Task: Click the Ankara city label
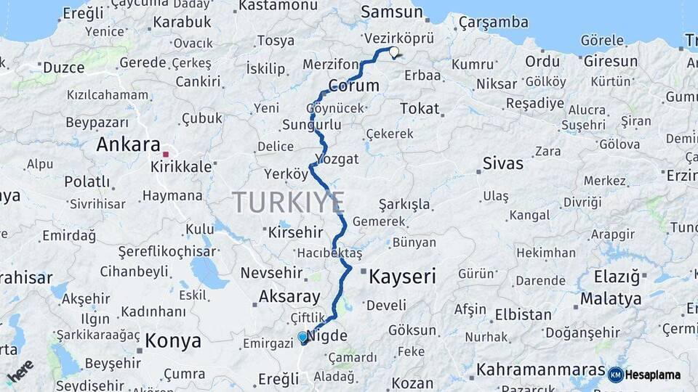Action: click(x=128, y=144)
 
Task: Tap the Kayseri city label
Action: click(x=402, y=277)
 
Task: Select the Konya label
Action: click(x=173, y=340)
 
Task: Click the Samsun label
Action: click(x=391, y=12)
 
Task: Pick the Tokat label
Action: click(x=420, y=109)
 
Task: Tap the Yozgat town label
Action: click(x=337, y=158)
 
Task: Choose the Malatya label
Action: click(x=611, y=298)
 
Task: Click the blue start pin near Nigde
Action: click(x=303, y=338)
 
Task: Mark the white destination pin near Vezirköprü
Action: click(x=394, y=52)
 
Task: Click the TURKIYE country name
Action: click(x=289, y=202)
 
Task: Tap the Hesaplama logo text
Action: click(x=653, y=375)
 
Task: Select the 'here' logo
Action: click(x=20, y=371)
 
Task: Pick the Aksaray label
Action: click(x=289, y=296)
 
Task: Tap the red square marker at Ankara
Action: click(x=167, y=154)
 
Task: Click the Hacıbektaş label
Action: click(x=329, y=253)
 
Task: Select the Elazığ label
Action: click(x=611, y=277)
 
